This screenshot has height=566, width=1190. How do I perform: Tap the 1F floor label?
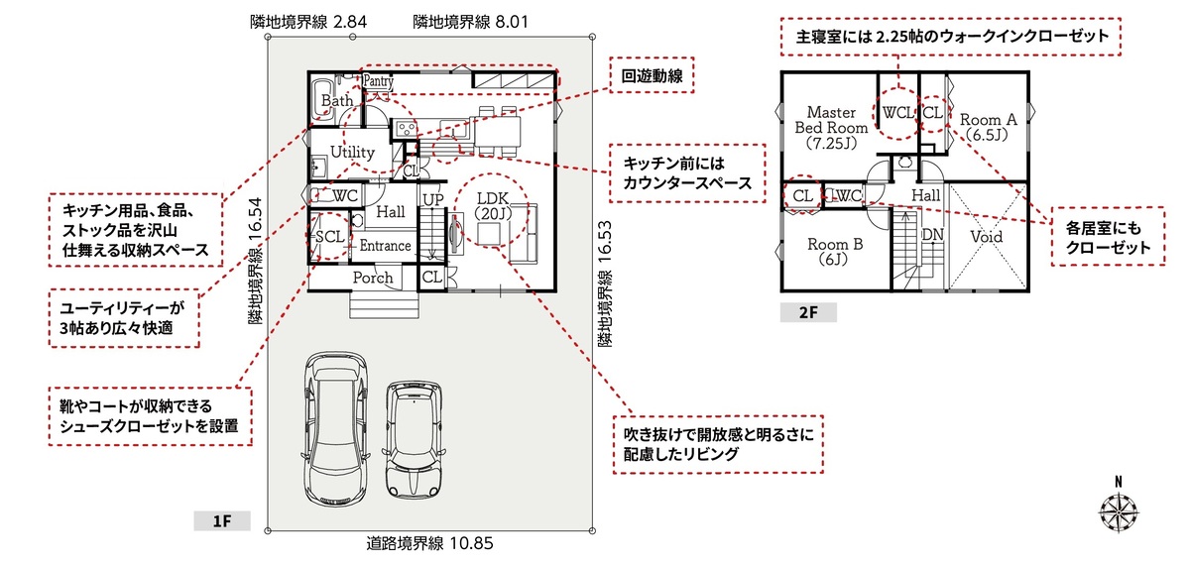(221, 520)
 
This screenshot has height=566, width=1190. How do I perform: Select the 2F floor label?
(807, 313)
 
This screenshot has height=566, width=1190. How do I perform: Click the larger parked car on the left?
(332, 426)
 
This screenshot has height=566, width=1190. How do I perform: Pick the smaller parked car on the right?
(416, 436)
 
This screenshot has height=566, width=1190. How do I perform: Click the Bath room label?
(337, 100)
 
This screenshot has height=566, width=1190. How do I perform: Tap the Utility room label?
(352, 153)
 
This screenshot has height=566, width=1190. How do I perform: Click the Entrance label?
(385, 246)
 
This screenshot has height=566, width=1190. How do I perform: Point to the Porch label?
(373, 279)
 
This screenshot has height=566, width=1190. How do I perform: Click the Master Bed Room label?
(831, 127)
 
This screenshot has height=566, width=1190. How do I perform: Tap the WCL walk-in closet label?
(897, 113)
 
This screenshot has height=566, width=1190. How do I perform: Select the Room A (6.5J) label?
(988, 126)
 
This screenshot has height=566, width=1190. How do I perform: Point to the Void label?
(986, 237)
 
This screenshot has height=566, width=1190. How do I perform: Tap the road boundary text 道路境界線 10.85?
(429, 543)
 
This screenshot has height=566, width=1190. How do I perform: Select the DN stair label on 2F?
(932, 235)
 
